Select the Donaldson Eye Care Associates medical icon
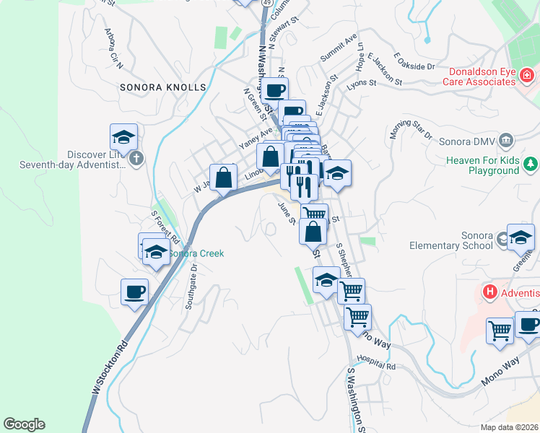point(528,75)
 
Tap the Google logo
point(24,424)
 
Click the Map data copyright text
point(510,427)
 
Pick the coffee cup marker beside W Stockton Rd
point(134,292)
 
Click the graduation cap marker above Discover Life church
point(123,136)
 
